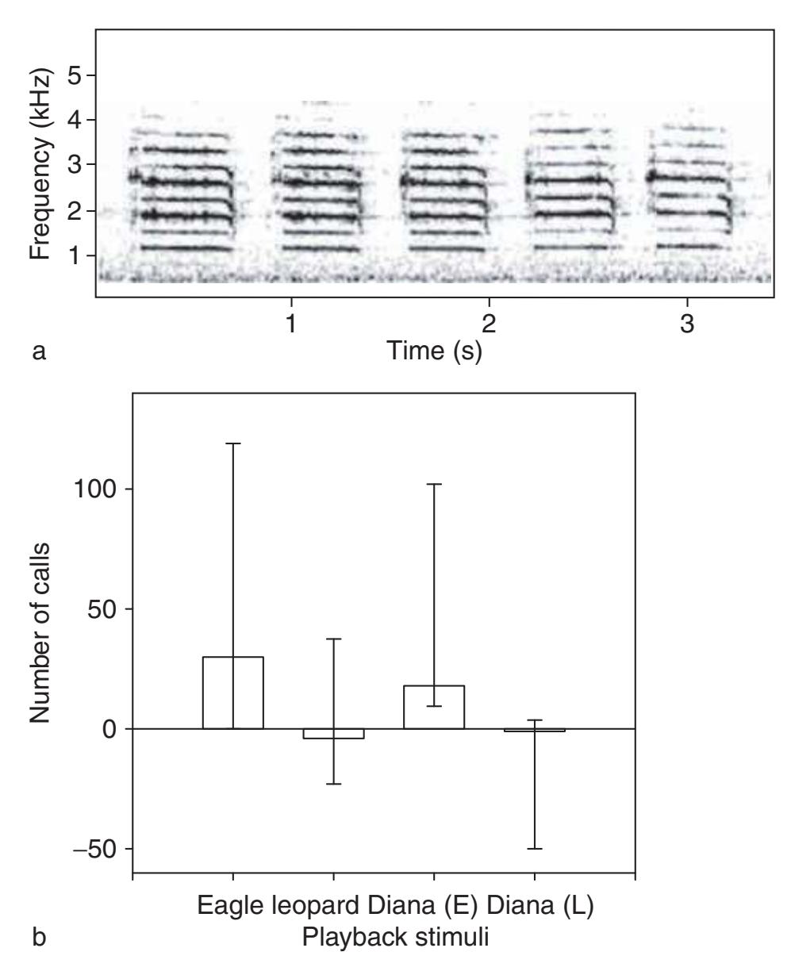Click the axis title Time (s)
tap(432, 351)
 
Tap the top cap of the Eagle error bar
tap(232, 443)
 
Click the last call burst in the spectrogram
tap(689, 190)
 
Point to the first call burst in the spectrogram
tap(184, 190)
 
